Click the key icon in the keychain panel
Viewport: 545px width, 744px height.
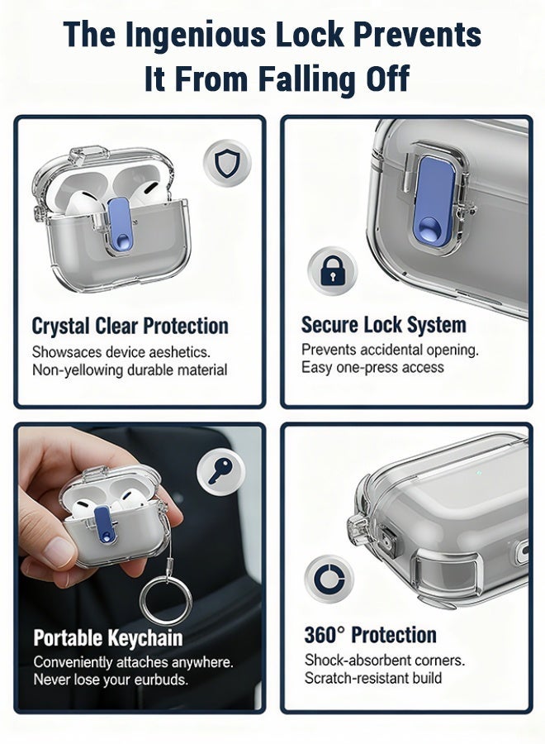point(220,472)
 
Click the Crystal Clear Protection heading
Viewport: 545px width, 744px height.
point(130,326)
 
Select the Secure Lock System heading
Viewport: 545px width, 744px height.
point(383,325)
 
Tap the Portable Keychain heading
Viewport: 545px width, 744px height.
point(107,638)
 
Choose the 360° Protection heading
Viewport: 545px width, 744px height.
point(370,635)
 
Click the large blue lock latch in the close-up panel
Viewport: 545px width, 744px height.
point(434,202)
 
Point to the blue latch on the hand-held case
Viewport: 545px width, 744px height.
point(104,522)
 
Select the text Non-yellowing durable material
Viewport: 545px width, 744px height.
point(130,370)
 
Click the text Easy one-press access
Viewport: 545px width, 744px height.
point(372,367)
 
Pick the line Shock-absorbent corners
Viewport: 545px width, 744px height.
point(384,660)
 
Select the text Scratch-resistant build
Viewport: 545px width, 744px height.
point(372,678)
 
